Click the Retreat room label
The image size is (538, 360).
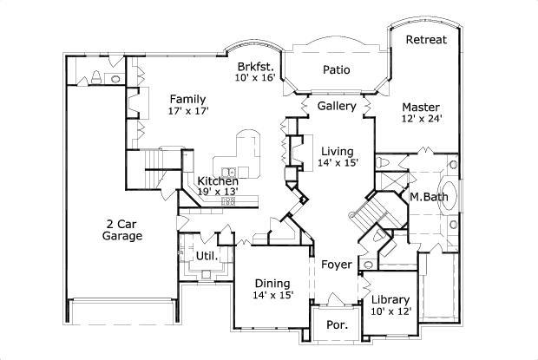click(x=426, y=40)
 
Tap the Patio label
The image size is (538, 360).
click(x=336, y=69)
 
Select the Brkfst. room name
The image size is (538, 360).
click(x=256, y=66)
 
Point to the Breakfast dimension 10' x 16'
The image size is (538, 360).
click(x=256, y=78)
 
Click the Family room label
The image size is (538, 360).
click(x=187, y=98)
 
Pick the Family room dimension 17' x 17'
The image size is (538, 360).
click(x=187, y=111)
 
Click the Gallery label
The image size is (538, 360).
click(x=336, y=106)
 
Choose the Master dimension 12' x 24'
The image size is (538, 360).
click(x=423, y=120)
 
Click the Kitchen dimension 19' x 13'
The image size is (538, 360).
click(x=216, y=191)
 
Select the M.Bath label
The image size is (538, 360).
click(x=427, y=198)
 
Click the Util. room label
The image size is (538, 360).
click(x=206, y=256)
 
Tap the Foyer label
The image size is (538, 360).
click(x=336, y=265)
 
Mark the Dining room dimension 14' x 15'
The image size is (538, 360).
click(x=273, y=295)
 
